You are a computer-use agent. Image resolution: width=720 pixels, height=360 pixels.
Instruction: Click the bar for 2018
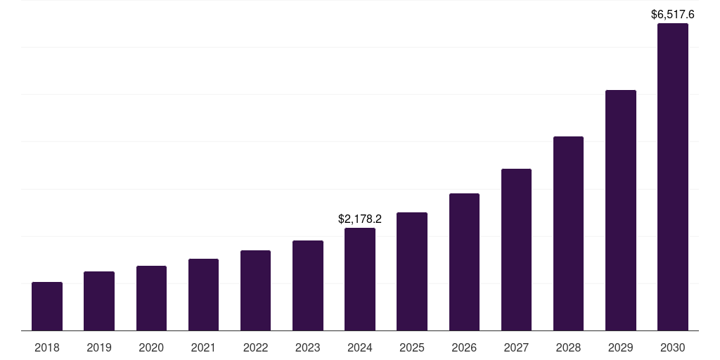(47, 307)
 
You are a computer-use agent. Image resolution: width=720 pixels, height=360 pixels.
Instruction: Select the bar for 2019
(99, 301)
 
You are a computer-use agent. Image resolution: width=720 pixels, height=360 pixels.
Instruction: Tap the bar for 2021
(203, 295)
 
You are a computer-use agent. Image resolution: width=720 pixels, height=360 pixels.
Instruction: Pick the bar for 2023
(308, 285)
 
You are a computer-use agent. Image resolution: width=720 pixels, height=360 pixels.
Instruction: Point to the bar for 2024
(360, 279)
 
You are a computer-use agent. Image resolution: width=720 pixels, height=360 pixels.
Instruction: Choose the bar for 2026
(464, 262)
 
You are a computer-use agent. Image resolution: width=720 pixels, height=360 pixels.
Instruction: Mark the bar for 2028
(568, 233)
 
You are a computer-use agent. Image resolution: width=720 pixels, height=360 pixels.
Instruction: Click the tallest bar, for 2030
(673, 177)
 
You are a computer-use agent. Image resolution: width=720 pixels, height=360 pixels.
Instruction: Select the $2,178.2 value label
(360, 219)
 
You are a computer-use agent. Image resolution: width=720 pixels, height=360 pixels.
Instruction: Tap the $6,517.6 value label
(673, 14)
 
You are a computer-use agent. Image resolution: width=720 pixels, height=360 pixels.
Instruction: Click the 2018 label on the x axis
(47, 347)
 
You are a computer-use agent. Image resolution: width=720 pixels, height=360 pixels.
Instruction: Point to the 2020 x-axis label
(151, 347)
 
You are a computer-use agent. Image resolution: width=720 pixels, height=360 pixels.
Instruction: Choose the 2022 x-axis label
(255, 347)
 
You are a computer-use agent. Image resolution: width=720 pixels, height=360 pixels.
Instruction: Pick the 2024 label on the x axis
(360, 347)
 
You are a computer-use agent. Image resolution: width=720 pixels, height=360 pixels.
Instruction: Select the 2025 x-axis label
(412, 347)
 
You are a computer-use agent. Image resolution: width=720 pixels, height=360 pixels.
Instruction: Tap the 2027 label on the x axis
(516, 347)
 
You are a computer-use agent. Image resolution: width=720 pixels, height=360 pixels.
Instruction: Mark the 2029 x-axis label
(620, 347)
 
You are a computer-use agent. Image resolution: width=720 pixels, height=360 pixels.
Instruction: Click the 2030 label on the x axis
(673, 347)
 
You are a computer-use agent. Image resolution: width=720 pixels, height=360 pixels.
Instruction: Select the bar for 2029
(620, 210)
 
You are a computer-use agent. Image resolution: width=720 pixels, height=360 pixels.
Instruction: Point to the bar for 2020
(151, 298)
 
